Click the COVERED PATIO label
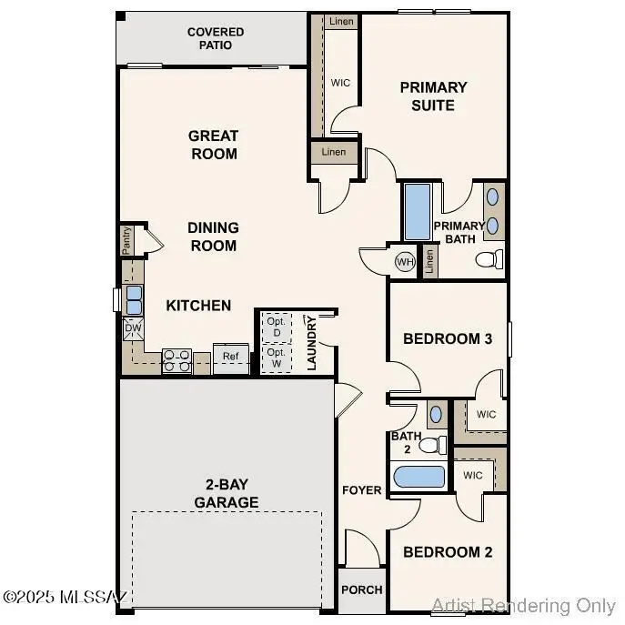216,38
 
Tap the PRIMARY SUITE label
433,96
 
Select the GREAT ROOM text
214,145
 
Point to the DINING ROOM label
213,237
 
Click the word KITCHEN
198,306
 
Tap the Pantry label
127,241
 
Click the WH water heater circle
405,262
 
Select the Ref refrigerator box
231,357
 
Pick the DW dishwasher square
133,328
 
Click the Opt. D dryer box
277,326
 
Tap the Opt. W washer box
277,357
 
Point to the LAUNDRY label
311,343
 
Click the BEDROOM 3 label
448,338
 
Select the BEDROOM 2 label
448,552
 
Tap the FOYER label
361,490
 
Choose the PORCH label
361,590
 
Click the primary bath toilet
489,260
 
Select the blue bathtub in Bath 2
418,478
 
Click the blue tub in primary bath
417,212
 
